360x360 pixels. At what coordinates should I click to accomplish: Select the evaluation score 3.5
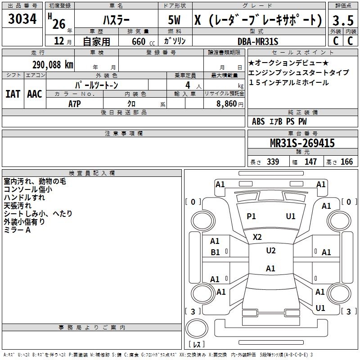[x=343, y=20]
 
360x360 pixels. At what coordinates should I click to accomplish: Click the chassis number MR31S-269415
[x=302, y=144]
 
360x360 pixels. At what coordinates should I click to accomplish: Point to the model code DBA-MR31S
[x=258, y=41]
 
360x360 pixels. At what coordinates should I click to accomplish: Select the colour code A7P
[x=75, y=103]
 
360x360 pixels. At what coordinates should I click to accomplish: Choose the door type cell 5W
[x=175, y=20]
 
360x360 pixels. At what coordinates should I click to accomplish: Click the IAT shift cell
[x=13, y=94]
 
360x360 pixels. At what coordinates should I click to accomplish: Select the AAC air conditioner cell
[x=35, y=94]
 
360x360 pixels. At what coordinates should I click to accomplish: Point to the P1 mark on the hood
[x=251, y=216]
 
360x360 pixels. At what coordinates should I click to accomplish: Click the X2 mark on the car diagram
[x=257, y=237]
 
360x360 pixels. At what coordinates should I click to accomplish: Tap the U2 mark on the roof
[x=270, y=251]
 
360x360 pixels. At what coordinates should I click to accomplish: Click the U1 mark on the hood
[x=291, y=216]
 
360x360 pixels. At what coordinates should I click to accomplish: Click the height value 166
[x=346, y=162]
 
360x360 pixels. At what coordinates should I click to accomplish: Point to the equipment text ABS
[x=258, y=121]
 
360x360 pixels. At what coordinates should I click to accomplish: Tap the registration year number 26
[x=58, y=23]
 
